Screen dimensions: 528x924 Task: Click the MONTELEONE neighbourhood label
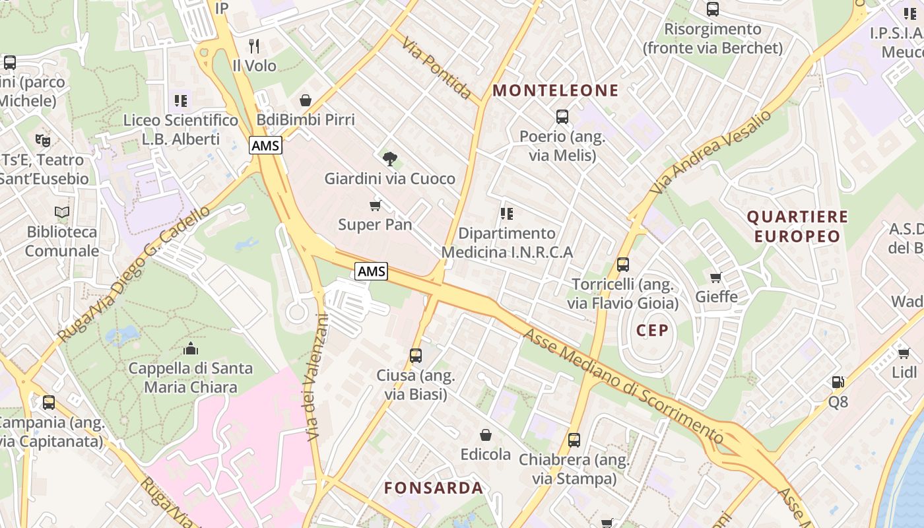point(556,90)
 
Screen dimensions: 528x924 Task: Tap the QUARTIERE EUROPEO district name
point(797,226)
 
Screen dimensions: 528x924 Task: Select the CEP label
point(653,331)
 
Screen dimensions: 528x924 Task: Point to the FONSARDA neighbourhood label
point(434,488)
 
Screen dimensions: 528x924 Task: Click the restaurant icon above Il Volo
point(254,46)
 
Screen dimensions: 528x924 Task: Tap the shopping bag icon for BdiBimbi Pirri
point(306,100)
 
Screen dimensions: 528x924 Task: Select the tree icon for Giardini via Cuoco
point(389,158)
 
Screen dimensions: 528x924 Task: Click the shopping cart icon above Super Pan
point(375,205)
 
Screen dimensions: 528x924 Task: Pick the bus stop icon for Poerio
point(562,117)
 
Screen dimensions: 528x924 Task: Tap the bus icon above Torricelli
point(622,265)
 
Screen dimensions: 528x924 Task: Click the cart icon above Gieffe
point(716,277)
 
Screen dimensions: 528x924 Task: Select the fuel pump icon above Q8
point(838,381)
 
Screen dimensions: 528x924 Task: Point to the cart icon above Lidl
point(904,353)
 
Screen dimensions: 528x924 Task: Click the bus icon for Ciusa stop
point(416,356)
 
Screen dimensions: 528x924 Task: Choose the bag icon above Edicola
point(486,434)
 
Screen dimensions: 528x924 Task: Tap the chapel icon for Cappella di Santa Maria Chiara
point(191,348)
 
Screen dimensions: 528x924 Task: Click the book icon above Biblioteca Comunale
point(62,212)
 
